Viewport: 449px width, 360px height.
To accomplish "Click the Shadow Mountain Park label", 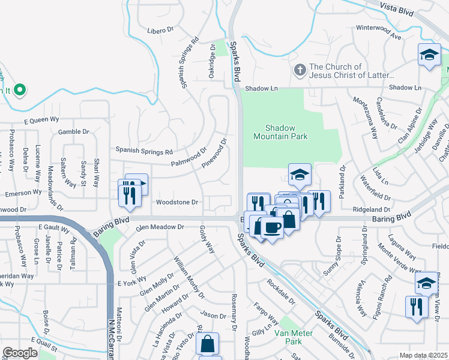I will tap(287, 132).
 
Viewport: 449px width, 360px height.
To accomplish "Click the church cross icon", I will tap(300, 71).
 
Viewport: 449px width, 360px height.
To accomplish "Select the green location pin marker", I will tap(19, 91).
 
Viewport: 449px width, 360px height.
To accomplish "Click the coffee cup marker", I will tap(273, 227).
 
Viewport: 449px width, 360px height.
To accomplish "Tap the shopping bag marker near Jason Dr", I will tap(207, 344).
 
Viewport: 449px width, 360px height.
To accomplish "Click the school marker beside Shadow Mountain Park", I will tap(300, 175).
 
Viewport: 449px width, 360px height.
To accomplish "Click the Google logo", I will tap(20, 353).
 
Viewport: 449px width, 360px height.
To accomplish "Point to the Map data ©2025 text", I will tap(423, 355).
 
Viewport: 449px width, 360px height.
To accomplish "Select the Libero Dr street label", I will tap(160, 30).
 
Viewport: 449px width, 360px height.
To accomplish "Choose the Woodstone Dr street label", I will tap(177, 202).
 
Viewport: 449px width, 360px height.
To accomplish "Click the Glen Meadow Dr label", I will tap(160, 227).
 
